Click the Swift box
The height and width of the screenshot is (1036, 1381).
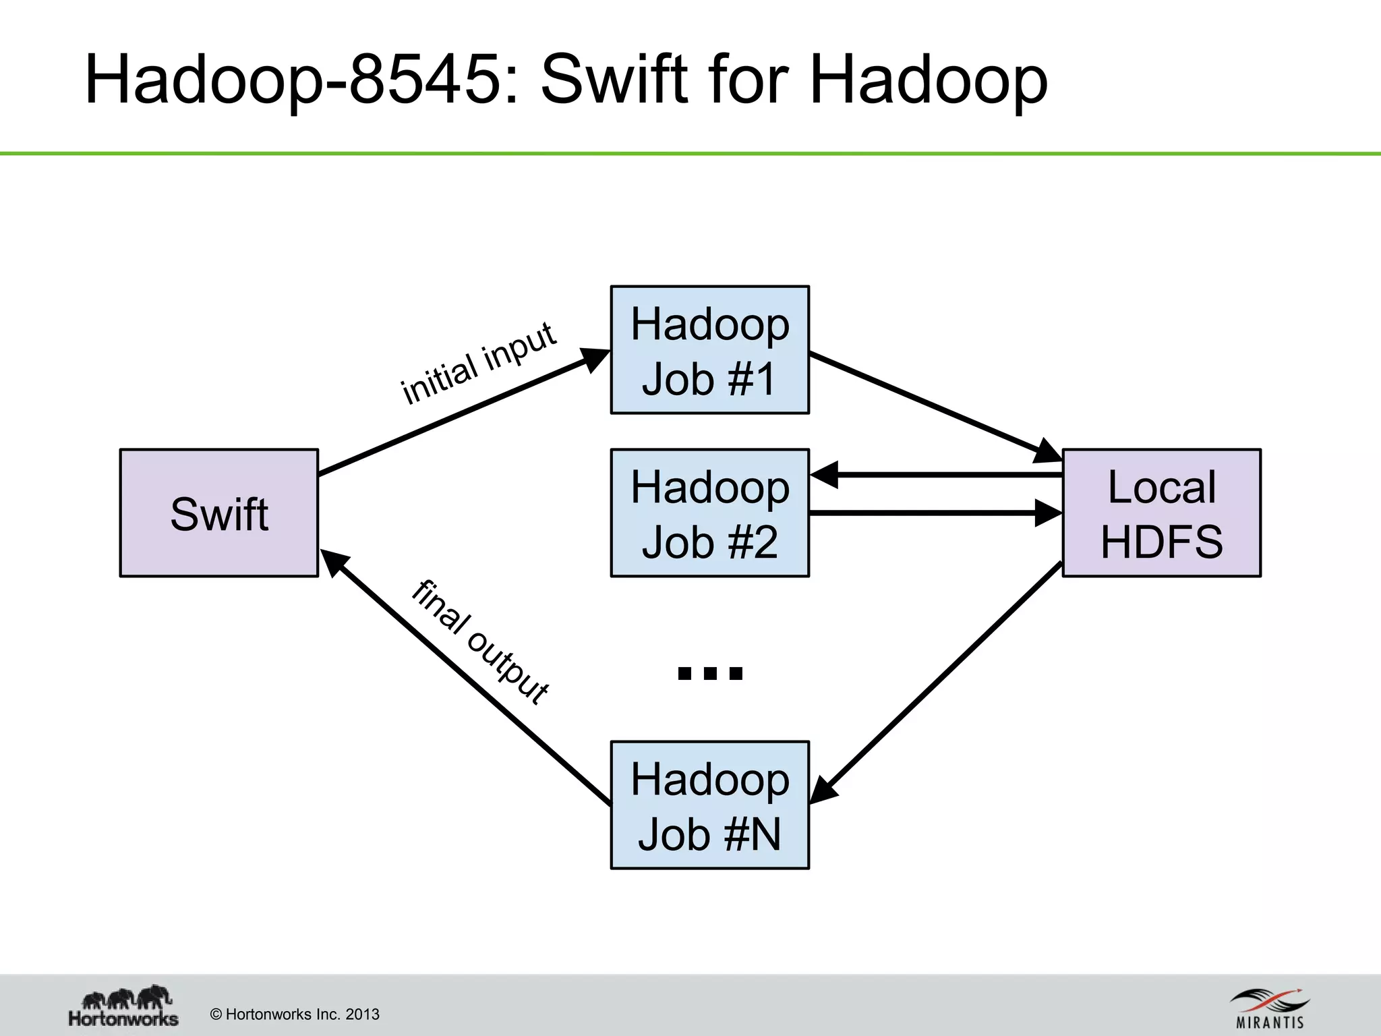coord(218,513)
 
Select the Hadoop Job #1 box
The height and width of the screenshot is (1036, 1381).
coord(709,349)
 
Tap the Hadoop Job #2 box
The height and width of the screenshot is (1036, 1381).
coord(709,513)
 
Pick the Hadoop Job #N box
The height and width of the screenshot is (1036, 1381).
coord(709,805)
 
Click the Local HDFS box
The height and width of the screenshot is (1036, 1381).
coord(1161,513)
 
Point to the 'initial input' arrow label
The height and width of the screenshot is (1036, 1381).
coord(478,364)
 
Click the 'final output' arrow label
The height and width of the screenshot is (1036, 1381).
coord(481,641)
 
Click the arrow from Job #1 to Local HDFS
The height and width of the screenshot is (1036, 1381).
coord(931,405)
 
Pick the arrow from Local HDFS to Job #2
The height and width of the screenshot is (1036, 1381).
coord(937,475)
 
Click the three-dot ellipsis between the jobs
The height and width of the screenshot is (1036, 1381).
coord(709,672)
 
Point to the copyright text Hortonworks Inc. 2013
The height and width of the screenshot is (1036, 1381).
coord(295,1014)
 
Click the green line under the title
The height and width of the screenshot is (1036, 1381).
coord(690,154)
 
